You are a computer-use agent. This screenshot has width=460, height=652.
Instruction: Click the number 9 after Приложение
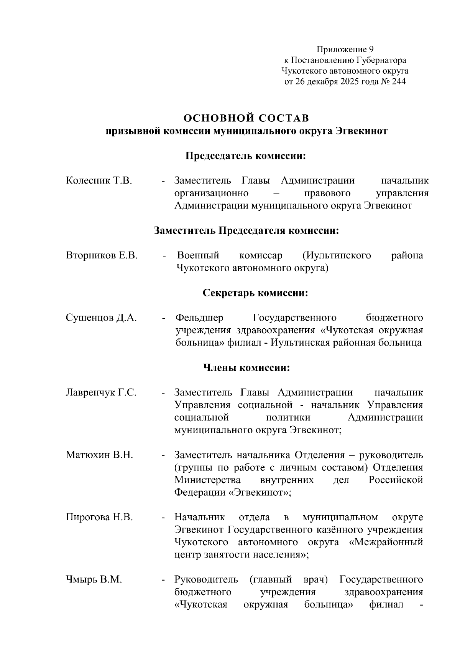371,50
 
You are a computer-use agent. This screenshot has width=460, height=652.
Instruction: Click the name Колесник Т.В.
99,180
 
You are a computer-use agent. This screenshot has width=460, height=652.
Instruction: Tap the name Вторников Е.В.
102,255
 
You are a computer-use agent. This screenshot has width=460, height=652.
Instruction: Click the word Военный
198,255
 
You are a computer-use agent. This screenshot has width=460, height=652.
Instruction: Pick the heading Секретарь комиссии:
255,293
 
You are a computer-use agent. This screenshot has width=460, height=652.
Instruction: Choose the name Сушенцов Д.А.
101,318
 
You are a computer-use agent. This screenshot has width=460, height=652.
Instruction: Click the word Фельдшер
199,318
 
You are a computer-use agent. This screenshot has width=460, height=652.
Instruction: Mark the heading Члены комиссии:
246,368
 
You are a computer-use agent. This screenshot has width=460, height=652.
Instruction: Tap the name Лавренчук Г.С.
101,393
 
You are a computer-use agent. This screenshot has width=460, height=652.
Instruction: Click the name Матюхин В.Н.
99,455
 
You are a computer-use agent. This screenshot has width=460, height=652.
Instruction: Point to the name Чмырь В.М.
94,580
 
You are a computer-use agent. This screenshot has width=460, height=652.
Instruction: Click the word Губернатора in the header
381,60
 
